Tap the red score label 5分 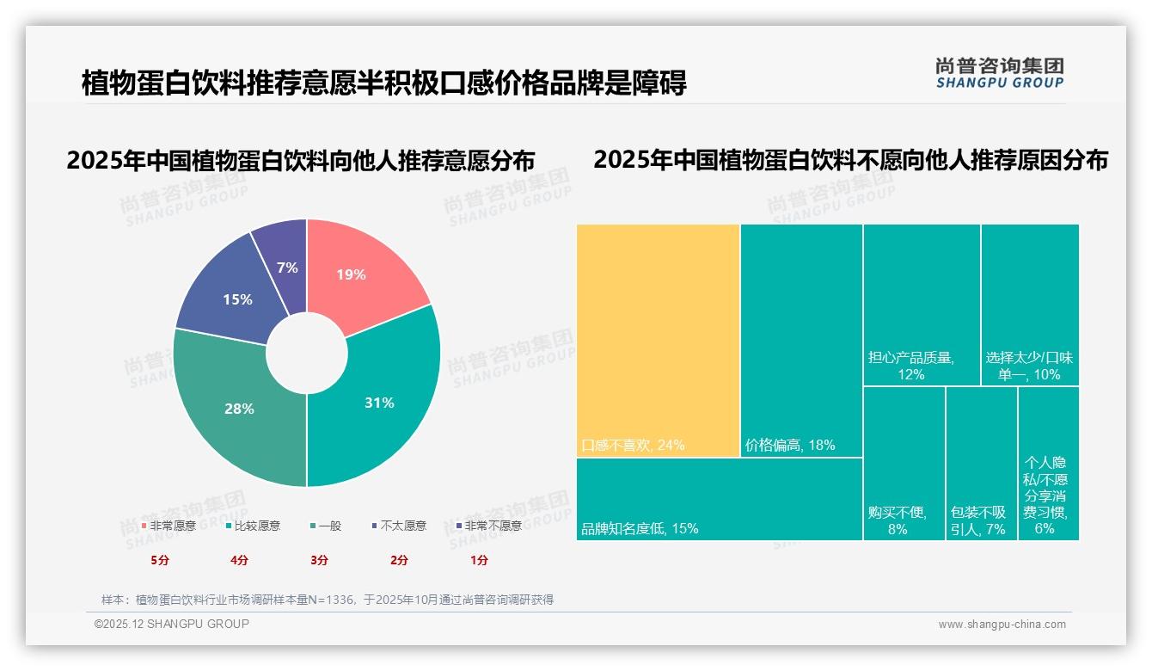[160, 560]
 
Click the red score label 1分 [479, 560]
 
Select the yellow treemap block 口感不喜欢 [658, 340]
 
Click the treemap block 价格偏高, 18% [801, 340]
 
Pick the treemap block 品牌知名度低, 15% [719, 499]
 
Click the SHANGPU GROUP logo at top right [999, 73]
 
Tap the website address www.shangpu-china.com [1002, 625]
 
